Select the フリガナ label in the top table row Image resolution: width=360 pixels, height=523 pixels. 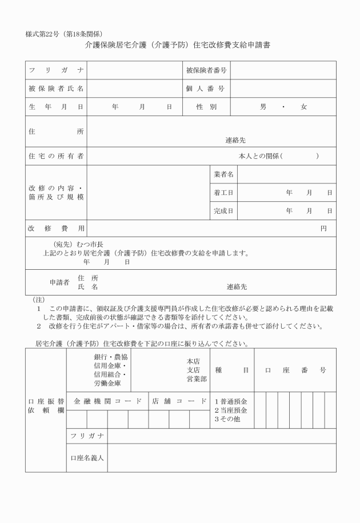56,70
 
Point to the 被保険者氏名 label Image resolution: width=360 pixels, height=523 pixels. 56,89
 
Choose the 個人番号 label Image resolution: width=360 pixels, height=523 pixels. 205,89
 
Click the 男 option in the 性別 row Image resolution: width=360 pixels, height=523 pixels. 263,107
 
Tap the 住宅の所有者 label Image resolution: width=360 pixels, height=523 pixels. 56,156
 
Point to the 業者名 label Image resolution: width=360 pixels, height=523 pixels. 223,174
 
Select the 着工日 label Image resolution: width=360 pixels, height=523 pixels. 223,193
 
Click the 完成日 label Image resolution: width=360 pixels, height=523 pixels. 223,211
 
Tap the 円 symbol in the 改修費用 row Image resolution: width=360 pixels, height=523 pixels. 323,229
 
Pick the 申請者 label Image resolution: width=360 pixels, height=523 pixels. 59,282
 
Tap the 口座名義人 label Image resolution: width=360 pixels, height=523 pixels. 87,458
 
